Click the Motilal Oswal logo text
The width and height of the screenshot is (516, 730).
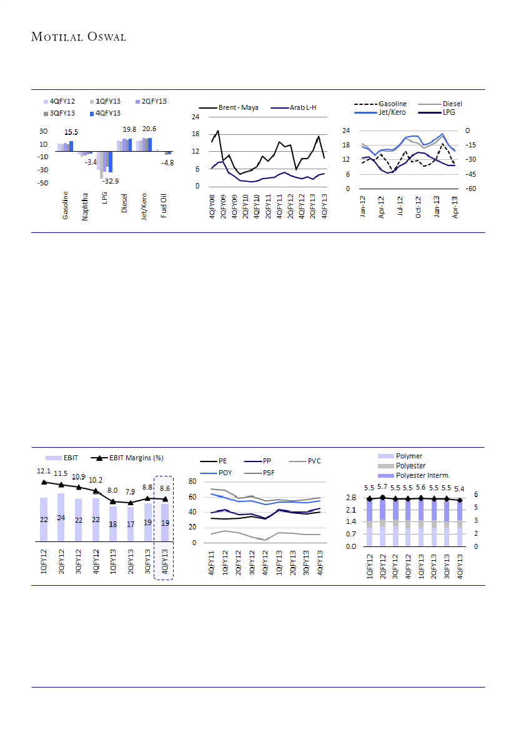point(79,37)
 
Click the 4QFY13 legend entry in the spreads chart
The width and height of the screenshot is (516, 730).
point(107,113)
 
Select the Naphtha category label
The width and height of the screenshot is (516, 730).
point(86,207)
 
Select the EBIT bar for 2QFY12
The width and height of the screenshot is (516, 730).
point(61,518)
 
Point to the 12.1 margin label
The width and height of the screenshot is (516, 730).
point(43,470)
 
